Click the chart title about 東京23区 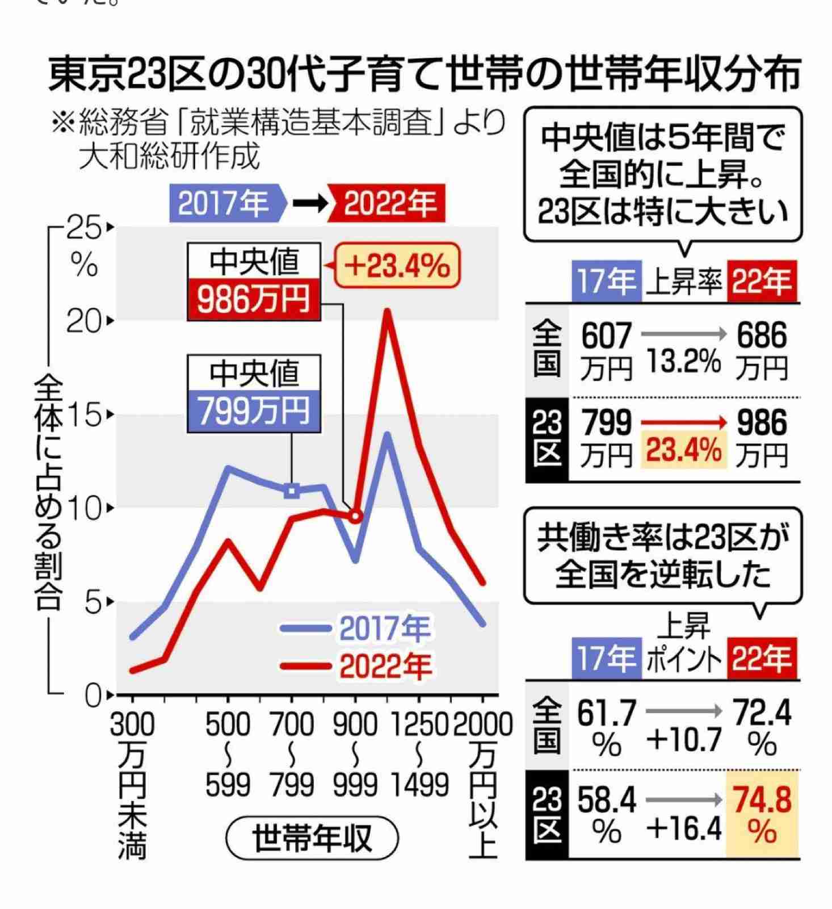point(425,74)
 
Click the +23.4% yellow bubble point(397,266)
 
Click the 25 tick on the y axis point(85,229)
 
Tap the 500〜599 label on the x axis point(228,755)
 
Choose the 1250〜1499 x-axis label point(419,755)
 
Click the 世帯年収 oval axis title point(312,838)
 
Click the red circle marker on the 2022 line point(355,516)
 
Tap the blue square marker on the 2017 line point(291,491)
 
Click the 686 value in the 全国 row point(762,336)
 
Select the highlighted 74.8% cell point(762,814)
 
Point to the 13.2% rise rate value point(683,361)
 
